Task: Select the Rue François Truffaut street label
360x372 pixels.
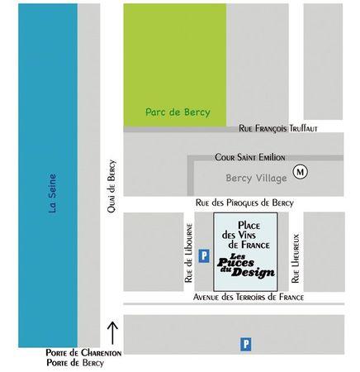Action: click(x=277, y=128)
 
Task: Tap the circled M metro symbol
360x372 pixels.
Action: click(x=301, y=172)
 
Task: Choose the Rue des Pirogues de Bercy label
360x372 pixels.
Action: click(x=244, y=203)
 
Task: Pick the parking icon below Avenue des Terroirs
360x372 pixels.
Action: click(x=244, y=342)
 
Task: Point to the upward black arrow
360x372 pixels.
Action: click(x=113, y=331)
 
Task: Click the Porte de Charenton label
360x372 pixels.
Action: click(x=84, y=353)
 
